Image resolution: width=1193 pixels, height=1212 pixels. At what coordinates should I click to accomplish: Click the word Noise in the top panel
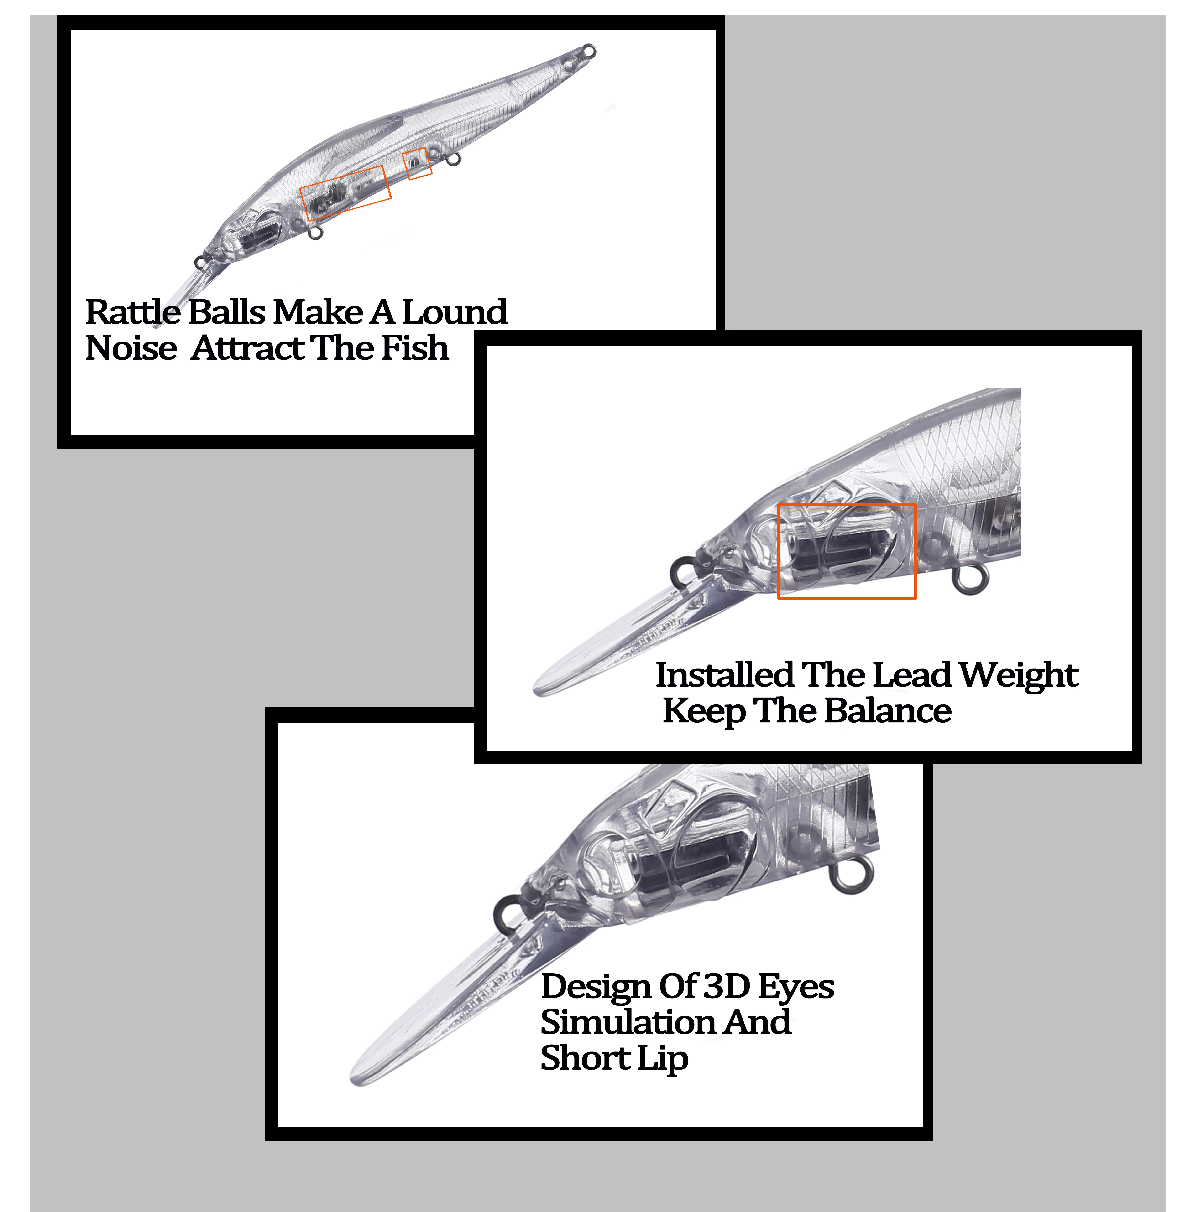coord(131,348)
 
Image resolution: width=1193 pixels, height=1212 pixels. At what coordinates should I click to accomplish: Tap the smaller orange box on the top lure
coord(417,163)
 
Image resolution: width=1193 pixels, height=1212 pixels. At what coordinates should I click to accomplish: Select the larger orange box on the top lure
coord(345,193)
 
